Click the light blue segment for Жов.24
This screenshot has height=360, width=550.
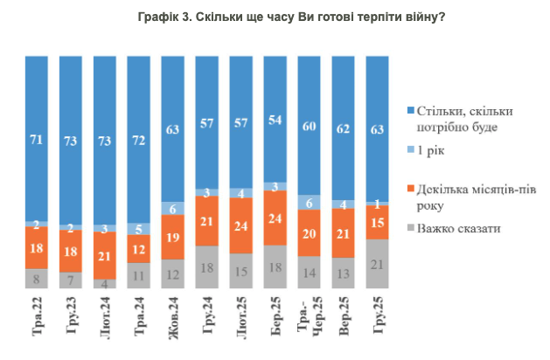pyautogui.click(x=173, y=209)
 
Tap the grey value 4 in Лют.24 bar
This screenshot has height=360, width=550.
pyautogui.click(x=105, y=283)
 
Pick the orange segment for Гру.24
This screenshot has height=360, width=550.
pyautogui.click(x=207, y=222)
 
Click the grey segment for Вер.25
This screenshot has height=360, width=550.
pyautogui.click(x=344, y=273)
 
